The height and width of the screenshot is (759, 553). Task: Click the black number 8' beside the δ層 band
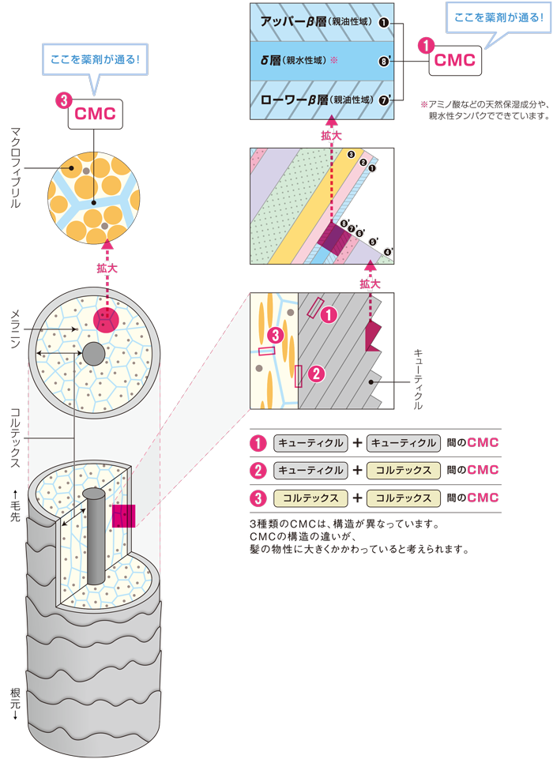(383, 61)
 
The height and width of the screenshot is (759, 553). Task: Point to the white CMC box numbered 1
(456, 61)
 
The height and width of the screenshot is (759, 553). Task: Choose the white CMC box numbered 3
(94, 113)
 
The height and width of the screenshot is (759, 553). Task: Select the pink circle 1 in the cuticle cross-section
(329, 314)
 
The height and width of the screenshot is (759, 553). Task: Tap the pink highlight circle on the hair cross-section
(106, 321)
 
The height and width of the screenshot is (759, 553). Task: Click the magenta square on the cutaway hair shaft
(124, 515)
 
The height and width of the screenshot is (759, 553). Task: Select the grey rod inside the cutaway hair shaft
(94, 537)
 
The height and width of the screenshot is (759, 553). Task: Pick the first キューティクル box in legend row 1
(310, 443)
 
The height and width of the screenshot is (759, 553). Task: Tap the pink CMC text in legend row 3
(483, 498)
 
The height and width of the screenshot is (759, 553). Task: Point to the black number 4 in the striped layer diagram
(387, 251)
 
